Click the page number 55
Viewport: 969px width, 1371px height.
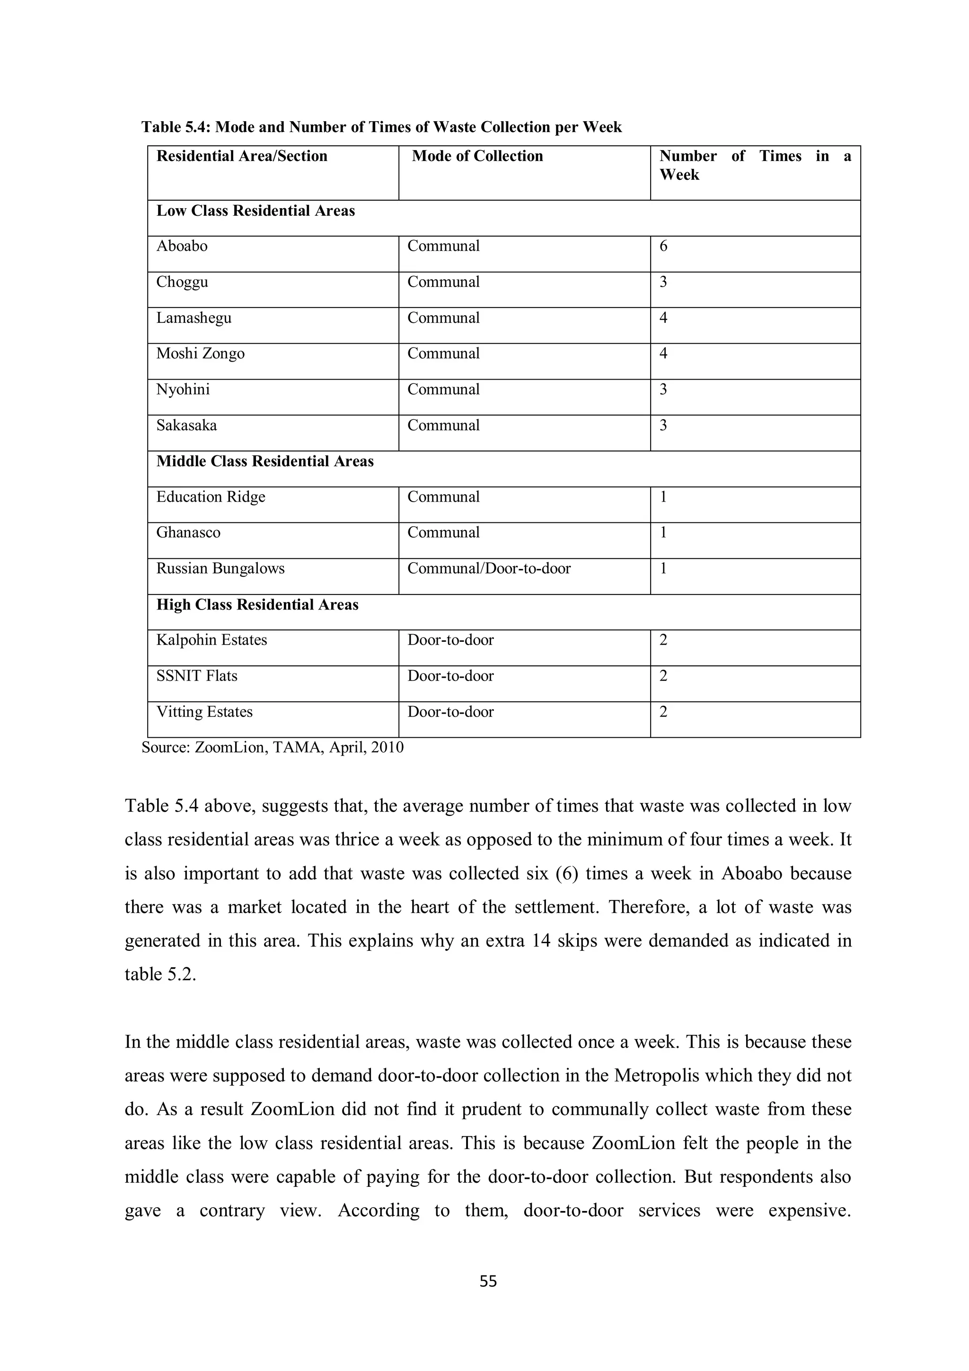488,1281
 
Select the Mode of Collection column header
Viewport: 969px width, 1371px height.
477,157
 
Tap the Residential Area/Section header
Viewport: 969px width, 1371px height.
242,157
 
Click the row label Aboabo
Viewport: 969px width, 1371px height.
182,246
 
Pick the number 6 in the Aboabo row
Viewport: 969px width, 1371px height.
663,246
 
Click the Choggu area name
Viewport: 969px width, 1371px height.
182,282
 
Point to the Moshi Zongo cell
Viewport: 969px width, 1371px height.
200,354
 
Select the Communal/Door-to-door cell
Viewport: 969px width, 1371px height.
489,568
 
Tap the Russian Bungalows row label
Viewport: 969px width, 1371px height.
220,568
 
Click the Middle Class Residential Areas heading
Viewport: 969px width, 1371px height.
264,461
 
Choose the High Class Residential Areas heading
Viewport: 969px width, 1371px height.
257,604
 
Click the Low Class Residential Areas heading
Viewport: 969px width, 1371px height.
255,211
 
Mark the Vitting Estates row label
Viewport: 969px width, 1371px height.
204,712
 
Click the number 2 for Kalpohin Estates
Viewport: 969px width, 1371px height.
663,640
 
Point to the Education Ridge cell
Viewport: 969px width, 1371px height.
210,497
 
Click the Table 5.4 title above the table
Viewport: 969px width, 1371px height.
381,127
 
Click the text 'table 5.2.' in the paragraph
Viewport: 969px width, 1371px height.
160,974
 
